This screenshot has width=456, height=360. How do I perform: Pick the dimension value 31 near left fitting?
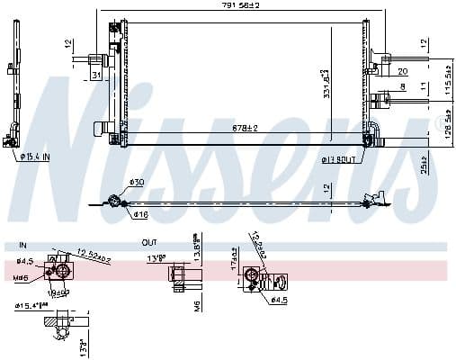click(95, 75)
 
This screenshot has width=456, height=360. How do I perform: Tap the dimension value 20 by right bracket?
click(402, 71)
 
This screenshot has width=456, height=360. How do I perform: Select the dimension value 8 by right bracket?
click(402, 87)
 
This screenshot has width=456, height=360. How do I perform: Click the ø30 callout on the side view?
click(136, 183)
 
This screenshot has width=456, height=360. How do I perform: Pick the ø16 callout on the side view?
click(141, 216)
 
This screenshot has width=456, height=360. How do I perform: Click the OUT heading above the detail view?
click(149, 243)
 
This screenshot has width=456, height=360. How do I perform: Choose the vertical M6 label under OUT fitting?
click(194, 309)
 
